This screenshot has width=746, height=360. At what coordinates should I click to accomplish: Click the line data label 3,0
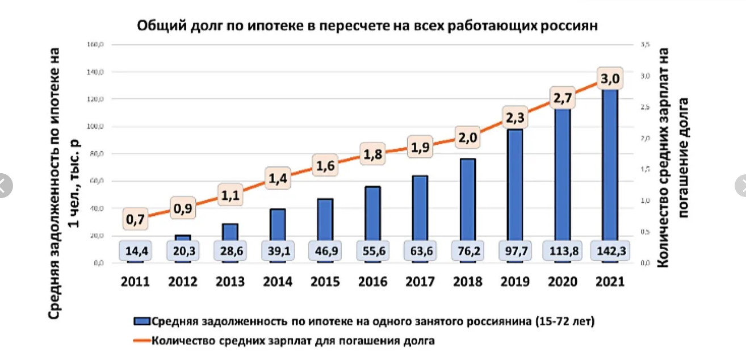pos(609,78)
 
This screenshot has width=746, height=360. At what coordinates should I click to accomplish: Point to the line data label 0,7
pos(136,220)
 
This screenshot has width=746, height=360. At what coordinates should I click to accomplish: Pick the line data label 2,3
pos(514,119)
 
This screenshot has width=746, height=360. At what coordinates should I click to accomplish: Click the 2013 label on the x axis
pos(230,282)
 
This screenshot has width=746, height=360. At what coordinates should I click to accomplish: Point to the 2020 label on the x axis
pos(561,282)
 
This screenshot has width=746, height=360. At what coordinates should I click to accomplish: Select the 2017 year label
pos(420,282)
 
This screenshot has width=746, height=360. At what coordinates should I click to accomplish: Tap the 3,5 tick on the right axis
pos(645,44)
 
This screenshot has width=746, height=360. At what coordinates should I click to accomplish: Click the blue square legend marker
pos(142,321)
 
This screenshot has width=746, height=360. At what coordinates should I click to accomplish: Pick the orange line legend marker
pos(142,341)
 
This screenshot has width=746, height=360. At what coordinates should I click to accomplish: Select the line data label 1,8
pos(372,154)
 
